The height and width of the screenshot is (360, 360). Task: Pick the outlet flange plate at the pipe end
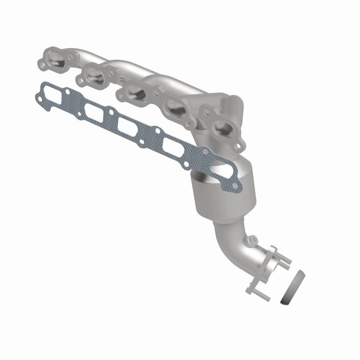coord(261,270)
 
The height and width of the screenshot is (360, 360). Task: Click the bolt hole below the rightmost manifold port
coord(239,145)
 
